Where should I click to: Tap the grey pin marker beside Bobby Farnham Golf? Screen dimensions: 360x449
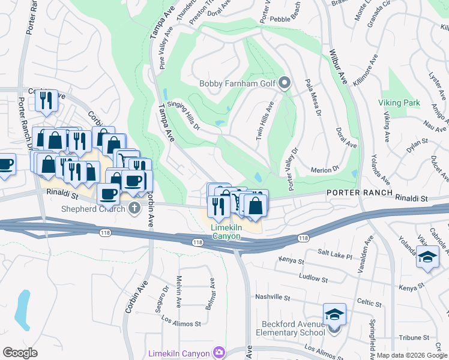[x=285, y=83]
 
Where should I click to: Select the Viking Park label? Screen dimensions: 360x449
[x=399, y=103]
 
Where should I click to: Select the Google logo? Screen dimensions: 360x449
[x=20, y=353]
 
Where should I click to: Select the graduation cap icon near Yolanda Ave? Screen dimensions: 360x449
[x=427, y=257]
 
